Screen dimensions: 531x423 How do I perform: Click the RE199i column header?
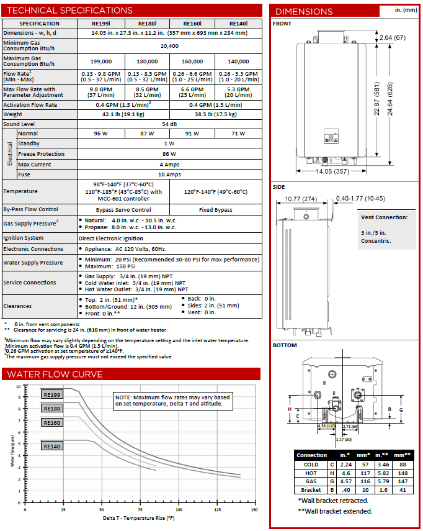(x=102, y=23)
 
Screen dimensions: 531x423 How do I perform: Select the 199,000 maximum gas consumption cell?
(x=102, y=61)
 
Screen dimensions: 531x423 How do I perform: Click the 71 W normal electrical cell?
(x=238, y=134)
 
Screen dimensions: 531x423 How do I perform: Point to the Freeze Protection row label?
(x=41, y=154)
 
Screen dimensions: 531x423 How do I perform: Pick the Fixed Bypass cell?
(x=215, y=209)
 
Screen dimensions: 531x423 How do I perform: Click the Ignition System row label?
(x=24, y=238)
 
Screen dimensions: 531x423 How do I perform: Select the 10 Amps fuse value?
(x=169, y=175)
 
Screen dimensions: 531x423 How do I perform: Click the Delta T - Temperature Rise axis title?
(x=138, y=518)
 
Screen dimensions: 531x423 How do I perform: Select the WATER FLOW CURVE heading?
(x=55, y=374)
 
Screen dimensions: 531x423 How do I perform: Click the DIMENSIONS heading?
(x=304, y=11)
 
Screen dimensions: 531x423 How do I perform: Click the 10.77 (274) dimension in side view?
(x=301, y=199)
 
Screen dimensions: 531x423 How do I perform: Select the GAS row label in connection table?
(x=311, y=481)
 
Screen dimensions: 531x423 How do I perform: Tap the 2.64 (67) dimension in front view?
(x=392, y=38)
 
